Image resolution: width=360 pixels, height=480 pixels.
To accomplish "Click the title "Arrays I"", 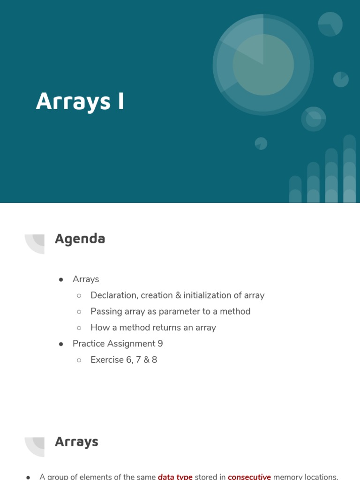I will click(80, 101).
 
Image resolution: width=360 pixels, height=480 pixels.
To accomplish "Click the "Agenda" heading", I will click(80, 239).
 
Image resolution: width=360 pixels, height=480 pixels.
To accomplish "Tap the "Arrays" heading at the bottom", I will click(76, 442).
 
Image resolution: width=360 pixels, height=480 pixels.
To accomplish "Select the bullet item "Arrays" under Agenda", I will click(86, 279).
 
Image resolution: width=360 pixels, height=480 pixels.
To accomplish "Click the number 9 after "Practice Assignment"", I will click(160, 344).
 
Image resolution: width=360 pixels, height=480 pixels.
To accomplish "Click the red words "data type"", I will click(175, 477).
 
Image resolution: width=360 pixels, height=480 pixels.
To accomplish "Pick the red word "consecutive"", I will click(249, 477).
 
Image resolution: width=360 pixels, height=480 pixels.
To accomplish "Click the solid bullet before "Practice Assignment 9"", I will click(61, 344).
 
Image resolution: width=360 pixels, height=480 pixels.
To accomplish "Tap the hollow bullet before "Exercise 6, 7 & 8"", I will click(79, 360).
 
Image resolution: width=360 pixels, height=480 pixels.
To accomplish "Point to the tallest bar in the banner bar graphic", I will click(349, 169).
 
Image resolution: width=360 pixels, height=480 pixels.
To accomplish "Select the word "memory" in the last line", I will click(289, 477).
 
